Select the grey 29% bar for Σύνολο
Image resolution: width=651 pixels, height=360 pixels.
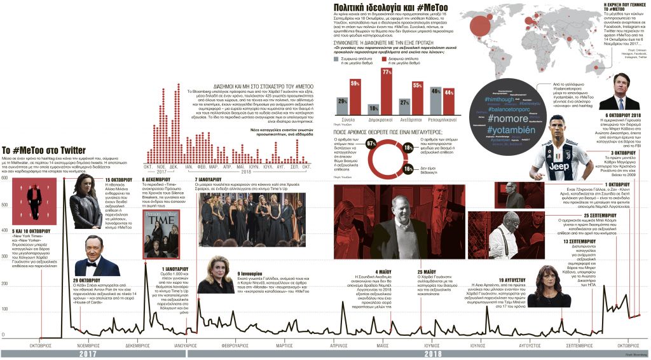[343, 104]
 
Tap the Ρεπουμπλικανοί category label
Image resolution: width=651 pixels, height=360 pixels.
[441, 119]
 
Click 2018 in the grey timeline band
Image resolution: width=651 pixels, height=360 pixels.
[432, 354]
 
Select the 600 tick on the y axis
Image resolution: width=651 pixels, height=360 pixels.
[4, 177]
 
